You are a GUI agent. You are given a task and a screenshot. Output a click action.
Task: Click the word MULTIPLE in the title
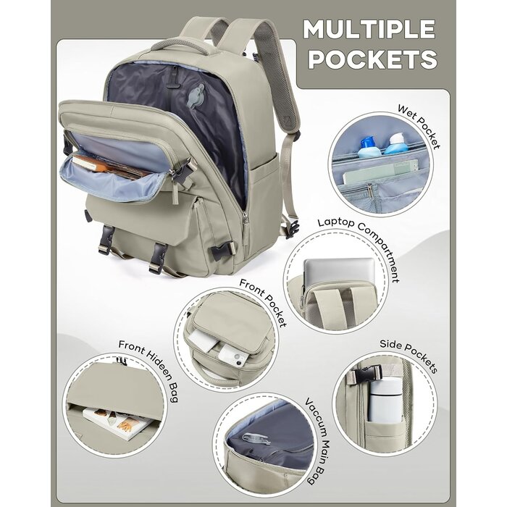(x=369, y=30)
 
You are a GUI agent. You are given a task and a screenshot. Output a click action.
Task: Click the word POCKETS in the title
(x=372, y=59)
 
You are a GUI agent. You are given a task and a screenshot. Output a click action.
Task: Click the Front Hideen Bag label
(x=149, y=368)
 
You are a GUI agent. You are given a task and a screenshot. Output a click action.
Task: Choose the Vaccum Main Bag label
(x=318, y=440)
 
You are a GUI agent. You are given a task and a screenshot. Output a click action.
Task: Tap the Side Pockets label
(x=408, y=356)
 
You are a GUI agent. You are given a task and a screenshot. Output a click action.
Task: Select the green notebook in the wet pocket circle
(x=380, y=172)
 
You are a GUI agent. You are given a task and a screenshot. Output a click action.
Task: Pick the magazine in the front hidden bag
(x=118, y=423)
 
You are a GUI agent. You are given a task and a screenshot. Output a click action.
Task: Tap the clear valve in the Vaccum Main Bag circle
(x=256, y=438)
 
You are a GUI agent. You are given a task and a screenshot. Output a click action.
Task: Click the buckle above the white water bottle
(x=368, y=374)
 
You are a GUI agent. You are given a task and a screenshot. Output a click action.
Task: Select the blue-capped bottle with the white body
(x=368, y=147)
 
